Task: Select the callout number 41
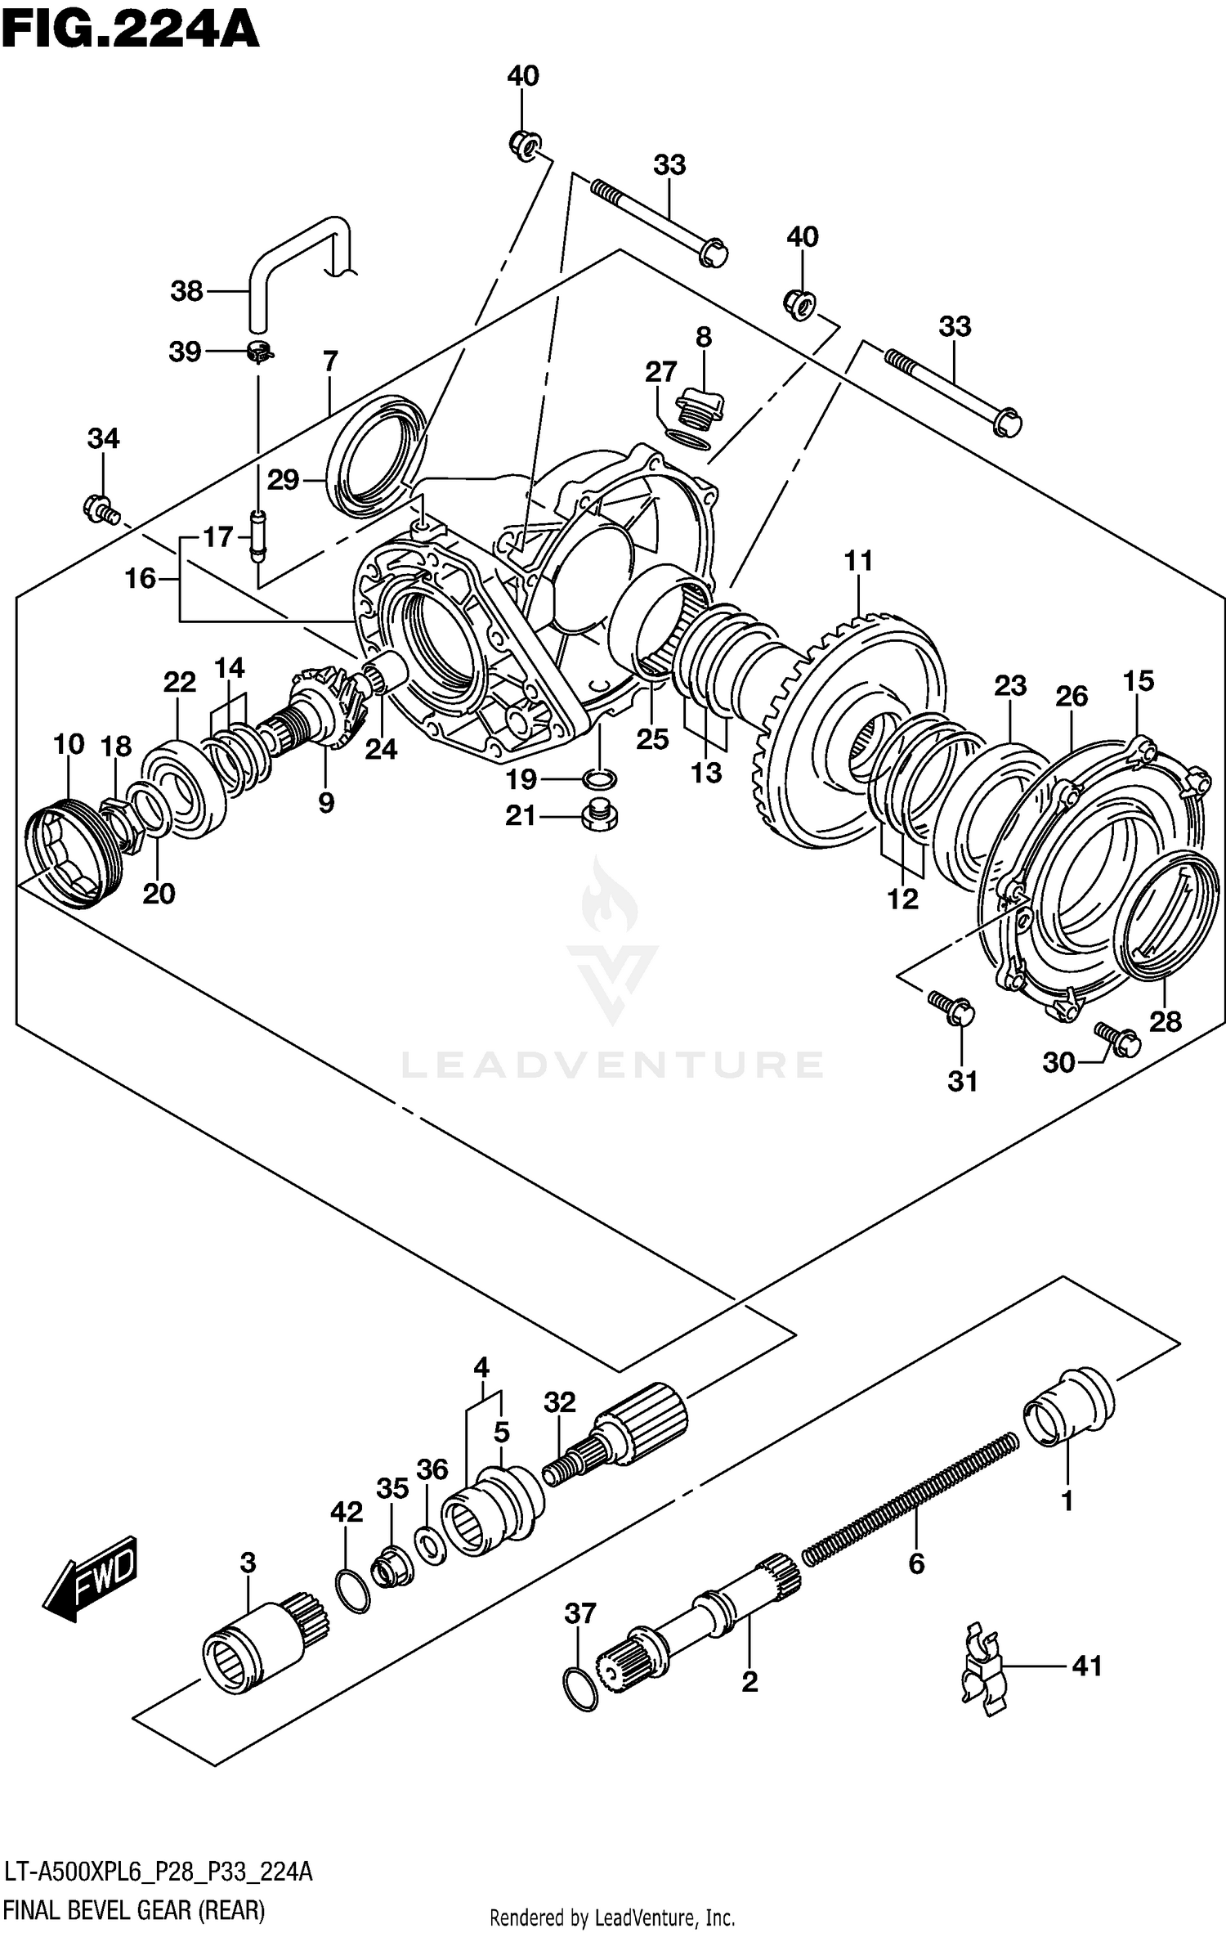pos(1086,1666)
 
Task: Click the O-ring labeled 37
pos(580,1689)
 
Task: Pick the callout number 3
pos(248,1562)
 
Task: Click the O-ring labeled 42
pos(352,1590)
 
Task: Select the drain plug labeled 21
pos(600,817)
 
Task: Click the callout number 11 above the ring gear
pos(858,561)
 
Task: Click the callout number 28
pos(1165,1021)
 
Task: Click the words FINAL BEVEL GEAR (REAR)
pos(135,1910)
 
